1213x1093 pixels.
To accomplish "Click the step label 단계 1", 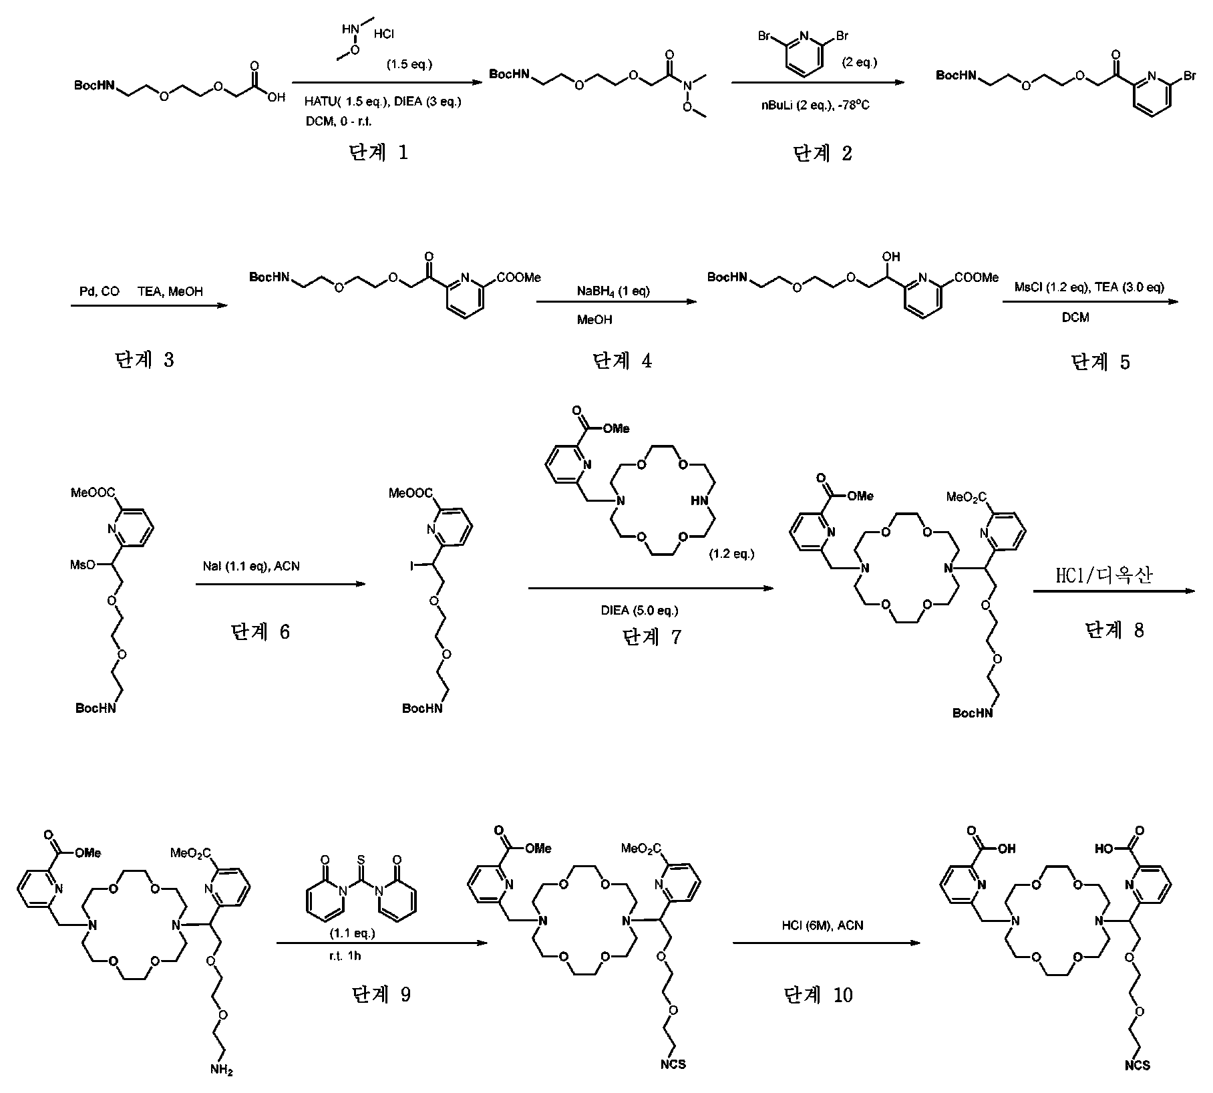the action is pos(378,153).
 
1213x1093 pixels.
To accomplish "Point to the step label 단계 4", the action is pos(623,361).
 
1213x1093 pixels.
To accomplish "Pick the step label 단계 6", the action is pos(261,631).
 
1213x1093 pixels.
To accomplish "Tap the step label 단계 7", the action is pos(652,637).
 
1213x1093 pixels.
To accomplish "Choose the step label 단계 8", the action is pos(1114,629).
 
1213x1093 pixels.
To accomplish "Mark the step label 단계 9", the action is pos(381,995).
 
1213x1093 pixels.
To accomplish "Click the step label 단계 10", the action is pos(819,995).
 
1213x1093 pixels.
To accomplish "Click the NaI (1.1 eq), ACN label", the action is pos(252,566).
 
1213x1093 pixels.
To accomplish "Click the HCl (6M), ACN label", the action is pos(822,925).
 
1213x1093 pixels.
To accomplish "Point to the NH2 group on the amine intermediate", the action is pos(222,1070).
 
